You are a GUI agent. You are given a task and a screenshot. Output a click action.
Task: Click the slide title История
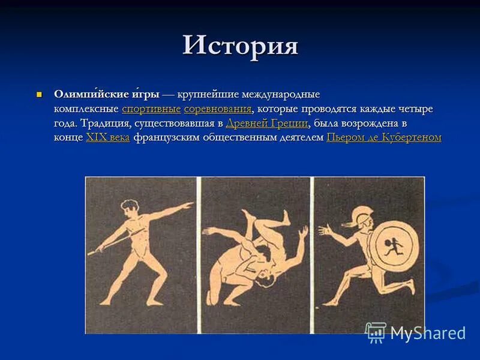240,46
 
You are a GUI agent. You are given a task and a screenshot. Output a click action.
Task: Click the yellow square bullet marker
40,94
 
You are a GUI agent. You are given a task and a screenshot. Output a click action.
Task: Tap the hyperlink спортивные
151,109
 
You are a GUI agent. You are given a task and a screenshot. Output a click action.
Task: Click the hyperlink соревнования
218,109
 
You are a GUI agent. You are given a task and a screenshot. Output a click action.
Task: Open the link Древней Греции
267,124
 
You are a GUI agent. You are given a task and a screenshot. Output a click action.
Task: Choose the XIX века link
108,137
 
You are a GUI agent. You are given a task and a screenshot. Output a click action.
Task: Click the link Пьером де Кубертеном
384,137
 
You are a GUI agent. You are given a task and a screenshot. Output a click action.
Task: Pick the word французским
169,137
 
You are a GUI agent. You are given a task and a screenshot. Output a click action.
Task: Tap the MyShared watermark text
428,333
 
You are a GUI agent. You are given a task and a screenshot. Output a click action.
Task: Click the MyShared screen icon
376,332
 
